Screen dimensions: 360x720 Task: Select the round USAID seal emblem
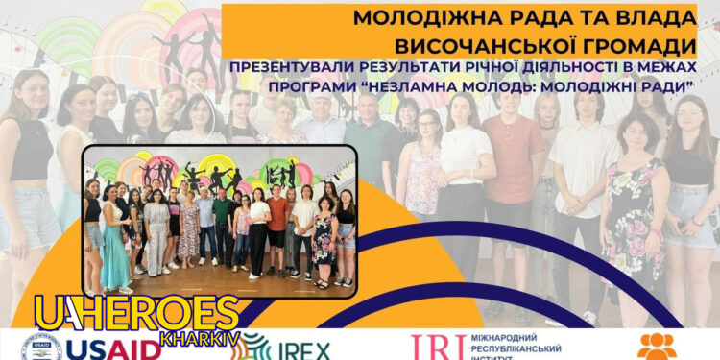[38, 347]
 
